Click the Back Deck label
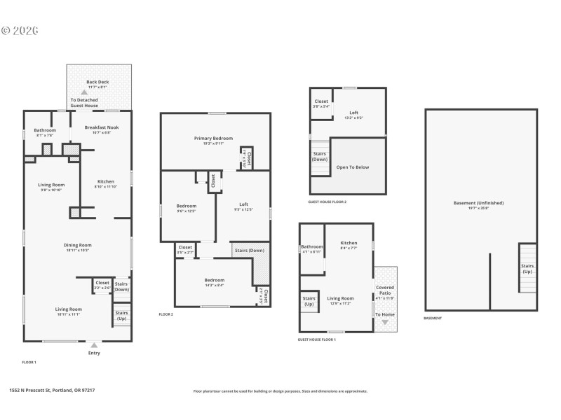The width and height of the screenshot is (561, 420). [97, 82]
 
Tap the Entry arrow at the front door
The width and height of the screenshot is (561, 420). [94, 345]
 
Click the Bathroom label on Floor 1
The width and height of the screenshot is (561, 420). [45, 130]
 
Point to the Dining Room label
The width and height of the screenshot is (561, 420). [78, 245]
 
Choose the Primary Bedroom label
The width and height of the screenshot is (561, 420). [213, 139]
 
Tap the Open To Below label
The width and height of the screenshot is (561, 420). [352, 167]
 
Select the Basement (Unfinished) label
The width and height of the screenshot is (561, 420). [478, 203]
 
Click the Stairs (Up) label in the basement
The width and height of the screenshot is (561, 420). [527, 268]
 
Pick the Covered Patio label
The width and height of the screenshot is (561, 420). [385, 290]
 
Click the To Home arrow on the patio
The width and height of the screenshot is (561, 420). [384, 321]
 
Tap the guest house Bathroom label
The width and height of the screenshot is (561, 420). [311, 247]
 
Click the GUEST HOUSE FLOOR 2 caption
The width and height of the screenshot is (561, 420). [327, 202]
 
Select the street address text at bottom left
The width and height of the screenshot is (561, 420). [52, 391]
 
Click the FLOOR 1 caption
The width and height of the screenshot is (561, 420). [29, 363]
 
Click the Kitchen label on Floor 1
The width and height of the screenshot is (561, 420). [104, 182]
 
